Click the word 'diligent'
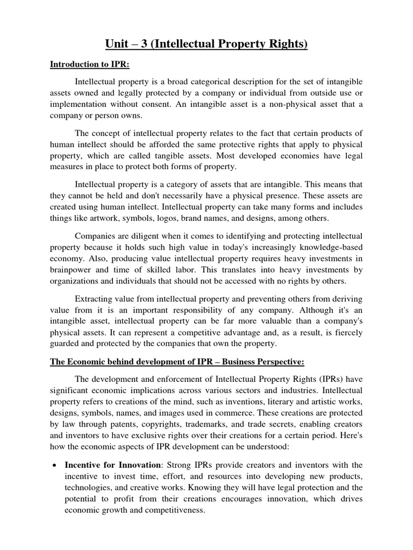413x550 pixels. pyautogui.click(x=143, y=236)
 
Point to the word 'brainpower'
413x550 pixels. pyautogui.click(x=70, y=271)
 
